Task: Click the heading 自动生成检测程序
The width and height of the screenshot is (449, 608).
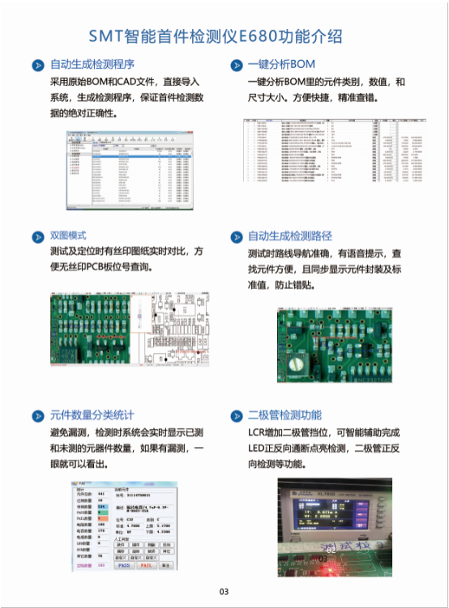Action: tap(92, 65)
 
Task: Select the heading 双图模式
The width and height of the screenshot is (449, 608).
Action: tap(68, 236)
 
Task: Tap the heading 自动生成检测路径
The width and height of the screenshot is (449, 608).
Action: tap(290, 236)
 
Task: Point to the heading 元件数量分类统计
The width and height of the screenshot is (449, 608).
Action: tap(92, 415)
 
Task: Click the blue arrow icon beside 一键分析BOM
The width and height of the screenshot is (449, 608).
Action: tap(236, 65)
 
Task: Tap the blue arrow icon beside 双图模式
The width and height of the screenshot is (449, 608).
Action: tap(37, 236)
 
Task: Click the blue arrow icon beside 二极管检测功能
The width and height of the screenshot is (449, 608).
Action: tap(236, 415)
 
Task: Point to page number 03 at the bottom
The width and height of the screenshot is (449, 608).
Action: tap(224, 592)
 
